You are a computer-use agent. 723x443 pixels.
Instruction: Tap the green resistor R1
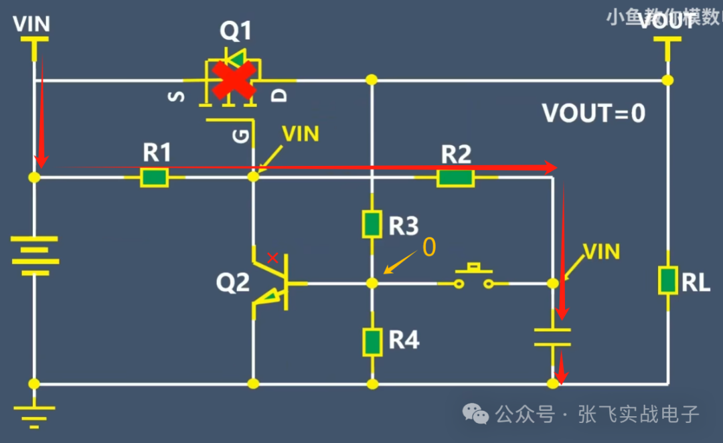155,177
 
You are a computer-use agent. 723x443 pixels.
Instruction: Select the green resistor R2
455,177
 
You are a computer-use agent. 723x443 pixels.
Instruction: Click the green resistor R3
372,224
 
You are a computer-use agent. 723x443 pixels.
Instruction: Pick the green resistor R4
372,341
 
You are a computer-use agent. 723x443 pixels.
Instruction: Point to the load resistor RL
667,280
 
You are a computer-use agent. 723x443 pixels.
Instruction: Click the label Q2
232,283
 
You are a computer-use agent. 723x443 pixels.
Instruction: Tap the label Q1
236,31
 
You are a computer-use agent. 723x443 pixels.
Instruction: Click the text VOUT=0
593,114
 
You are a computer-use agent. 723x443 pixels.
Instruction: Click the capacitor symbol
553,337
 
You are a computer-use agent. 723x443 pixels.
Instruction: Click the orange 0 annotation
428,247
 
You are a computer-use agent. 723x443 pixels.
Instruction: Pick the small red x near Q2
272,258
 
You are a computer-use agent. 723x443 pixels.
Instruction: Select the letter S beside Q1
176,96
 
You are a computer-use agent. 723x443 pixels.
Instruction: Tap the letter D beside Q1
280,95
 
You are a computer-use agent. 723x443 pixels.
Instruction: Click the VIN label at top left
31,25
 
